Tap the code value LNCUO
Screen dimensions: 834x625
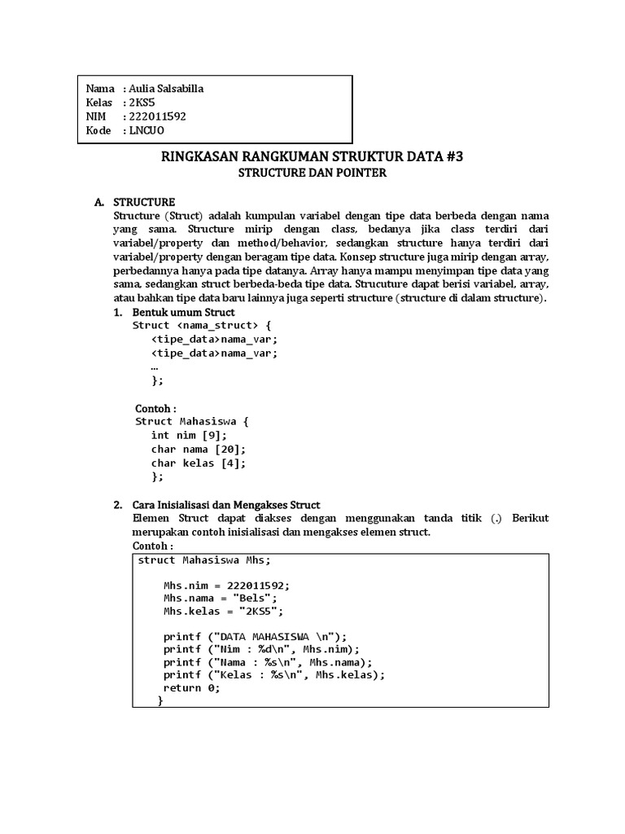point(146,130)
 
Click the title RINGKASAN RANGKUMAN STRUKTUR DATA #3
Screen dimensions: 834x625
point(312,157)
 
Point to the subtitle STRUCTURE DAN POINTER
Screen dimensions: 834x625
point(312,173)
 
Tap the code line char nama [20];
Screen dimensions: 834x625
point(198,449)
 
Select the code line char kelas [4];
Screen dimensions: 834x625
point(198,463)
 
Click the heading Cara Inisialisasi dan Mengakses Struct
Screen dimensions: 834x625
point(226,505)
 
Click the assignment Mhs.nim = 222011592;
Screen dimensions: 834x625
point(226,585)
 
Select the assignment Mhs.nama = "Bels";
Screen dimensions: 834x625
point(215,598)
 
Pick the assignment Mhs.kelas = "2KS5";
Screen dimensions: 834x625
point(223,611)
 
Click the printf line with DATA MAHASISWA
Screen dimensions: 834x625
point(255,636)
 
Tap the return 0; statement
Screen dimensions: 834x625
point(191,687)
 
